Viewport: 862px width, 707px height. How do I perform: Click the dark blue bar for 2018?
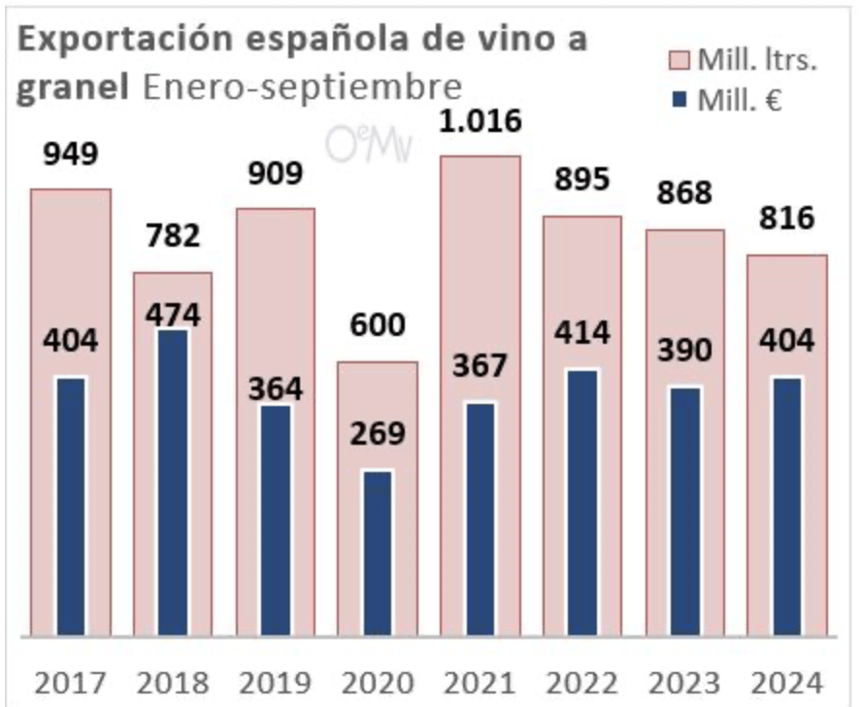[172, 484]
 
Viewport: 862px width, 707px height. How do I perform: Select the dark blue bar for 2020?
[378, 554]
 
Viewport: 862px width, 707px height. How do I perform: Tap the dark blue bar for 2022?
[581, 503]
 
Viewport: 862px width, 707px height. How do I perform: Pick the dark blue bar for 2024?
[786, 507]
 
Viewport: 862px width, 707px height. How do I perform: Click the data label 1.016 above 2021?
[480, 122]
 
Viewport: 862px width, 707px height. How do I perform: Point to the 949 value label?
[70, 153]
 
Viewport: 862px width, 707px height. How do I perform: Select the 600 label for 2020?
[378, 325]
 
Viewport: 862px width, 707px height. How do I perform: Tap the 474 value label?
[172, 315]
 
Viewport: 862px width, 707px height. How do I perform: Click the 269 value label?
[378, 434]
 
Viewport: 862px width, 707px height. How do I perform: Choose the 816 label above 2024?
[786, 219]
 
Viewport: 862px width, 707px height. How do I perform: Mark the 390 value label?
[684, 350]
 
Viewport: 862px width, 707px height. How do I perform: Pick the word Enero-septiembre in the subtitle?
[301, 86]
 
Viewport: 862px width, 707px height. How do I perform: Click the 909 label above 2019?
[275, 173]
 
